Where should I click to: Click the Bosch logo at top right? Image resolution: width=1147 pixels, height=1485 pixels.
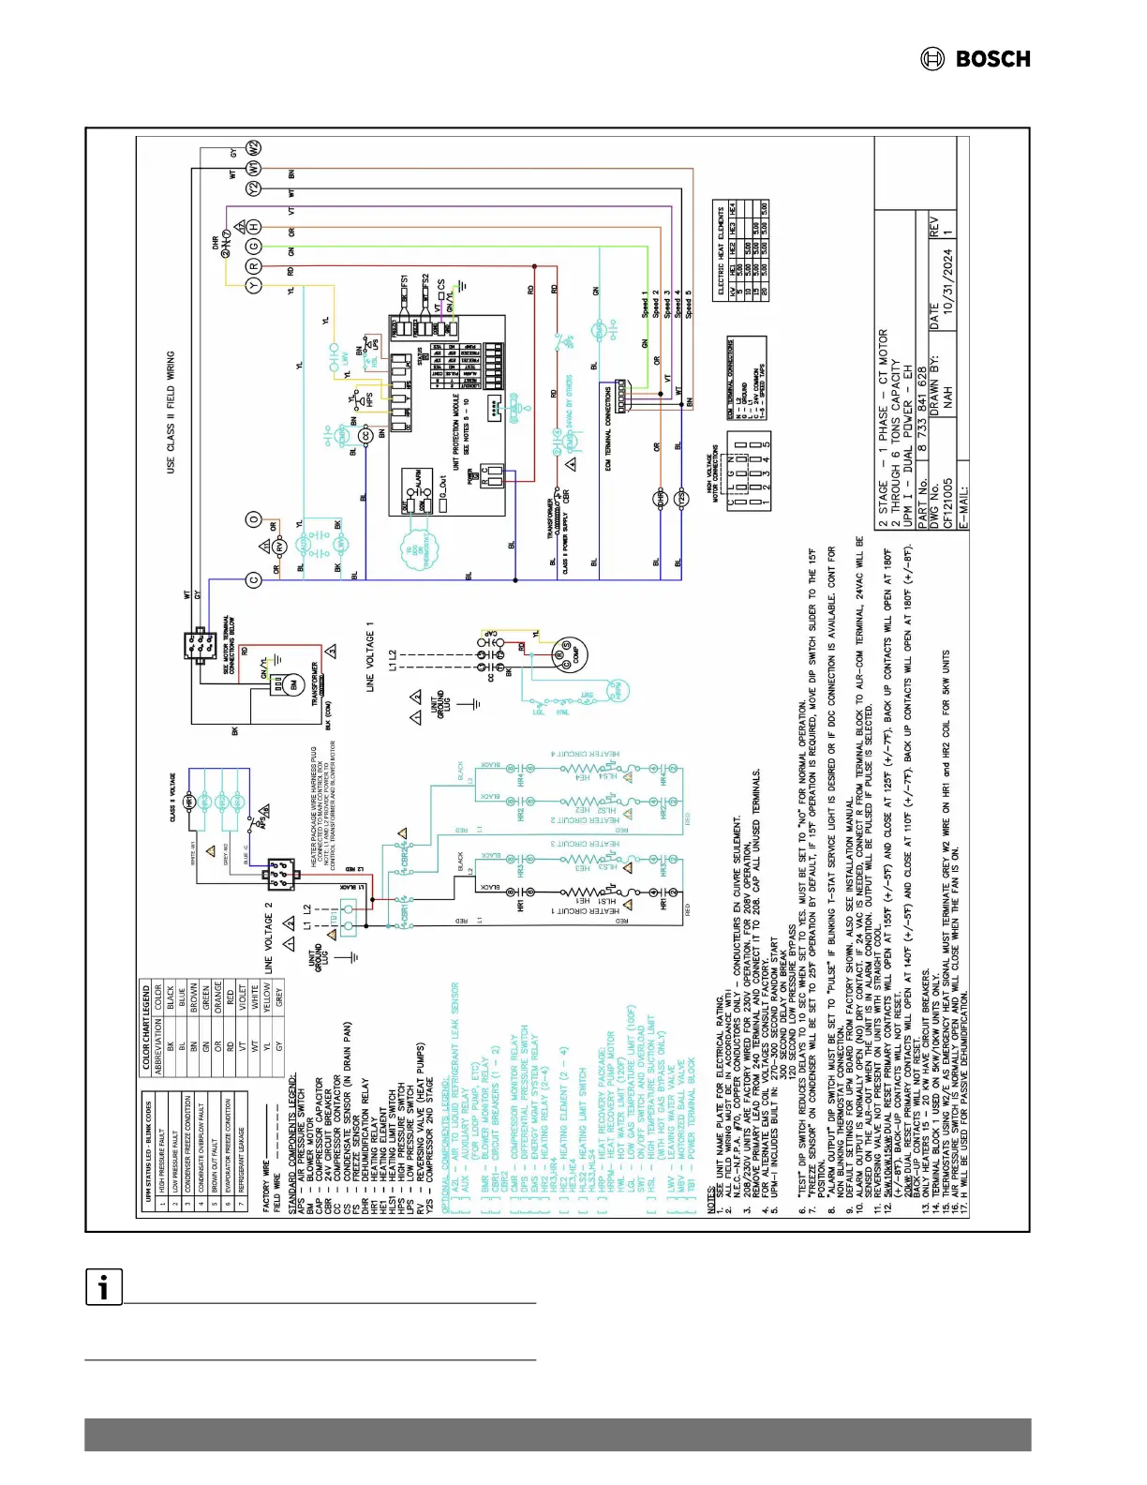tap(976, 59)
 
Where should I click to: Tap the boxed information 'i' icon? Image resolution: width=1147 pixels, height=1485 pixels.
tap(104, 1286)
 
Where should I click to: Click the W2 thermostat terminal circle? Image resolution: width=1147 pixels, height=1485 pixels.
tap(254, 148)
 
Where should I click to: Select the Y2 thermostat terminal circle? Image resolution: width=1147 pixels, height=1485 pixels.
tap(254, 187)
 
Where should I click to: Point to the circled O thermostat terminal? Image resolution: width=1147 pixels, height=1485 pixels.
tap(254, 519)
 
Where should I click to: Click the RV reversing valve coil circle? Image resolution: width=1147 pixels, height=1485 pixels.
tap(278, 546)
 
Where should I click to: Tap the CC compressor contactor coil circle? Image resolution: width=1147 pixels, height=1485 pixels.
tap(366, 436)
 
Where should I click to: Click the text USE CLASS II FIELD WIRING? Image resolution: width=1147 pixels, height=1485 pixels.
tap(171, 412)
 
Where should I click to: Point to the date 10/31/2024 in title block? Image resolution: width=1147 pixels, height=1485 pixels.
tap(947, 274)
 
